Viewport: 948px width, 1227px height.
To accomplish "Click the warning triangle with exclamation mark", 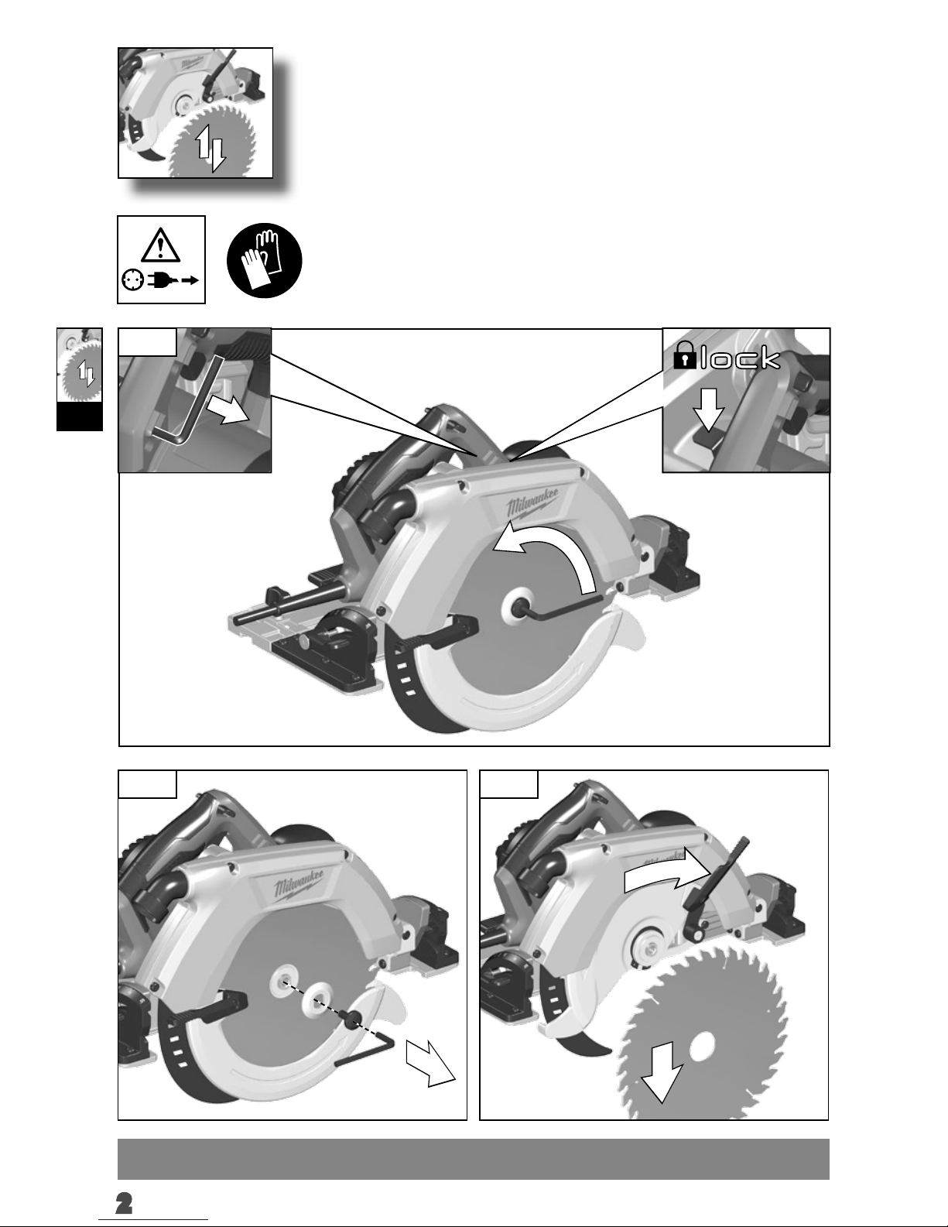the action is click(x=161, y=245).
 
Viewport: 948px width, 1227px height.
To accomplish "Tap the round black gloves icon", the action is click(x=264, y=260).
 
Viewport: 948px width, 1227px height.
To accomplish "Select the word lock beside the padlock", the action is click(x=740, y=358).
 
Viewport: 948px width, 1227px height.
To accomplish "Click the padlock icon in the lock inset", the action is click(x=684, y=355).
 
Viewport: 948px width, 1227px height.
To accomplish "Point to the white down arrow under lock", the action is click(x=708, y=410).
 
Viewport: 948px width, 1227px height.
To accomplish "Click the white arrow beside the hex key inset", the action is click(x=228, y=410).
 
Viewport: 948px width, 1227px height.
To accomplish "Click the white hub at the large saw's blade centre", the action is click(x=518, y=605).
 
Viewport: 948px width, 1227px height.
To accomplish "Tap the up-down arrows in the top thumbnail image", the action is click(x=211, y=148).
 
